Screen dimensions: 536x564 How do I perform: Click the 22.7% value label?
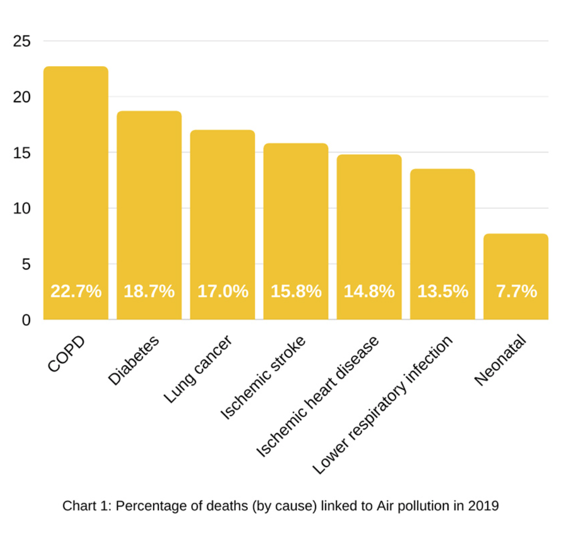point(76,291)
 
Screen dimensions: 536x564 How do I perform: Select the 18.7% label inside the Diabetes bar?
point(149,291)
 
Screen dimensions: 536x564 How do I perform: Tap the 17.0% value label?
point(223,291)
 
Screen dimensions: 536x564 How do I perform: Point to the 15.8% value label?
point(296,291)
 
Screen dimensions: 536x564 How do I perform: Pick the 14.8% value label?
point(369,291)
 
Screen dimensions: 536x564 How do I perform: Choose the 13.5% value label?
point(443,291)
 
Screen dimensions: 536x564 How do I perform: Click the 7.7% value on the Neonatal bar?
point(516,291)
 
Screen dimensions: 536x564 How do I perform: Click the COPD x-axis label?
point(67,355)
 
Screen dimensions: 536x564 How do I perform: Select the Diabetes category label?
point(134,361)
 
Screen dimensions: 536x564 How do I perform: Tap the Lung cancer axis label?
point(198,370)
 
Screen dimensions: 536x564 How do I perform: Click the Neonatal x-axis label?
point(500,362)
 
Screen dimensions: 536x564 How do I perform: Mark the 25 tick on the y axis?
point(23,41)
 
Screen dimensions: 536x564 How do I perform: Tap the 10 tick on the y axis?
point(23,208)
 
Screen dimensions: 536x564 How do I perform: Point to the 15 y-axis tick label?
point(23,153)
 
